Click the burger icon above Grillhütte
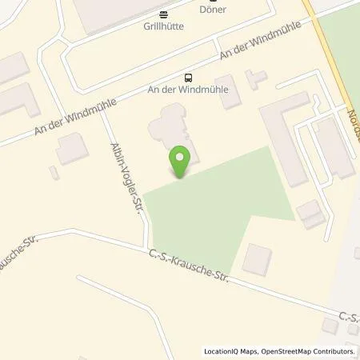pyautogui.click(x=163, y=14)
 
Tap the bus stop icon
pyautogui.click(x=188, y=78)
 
